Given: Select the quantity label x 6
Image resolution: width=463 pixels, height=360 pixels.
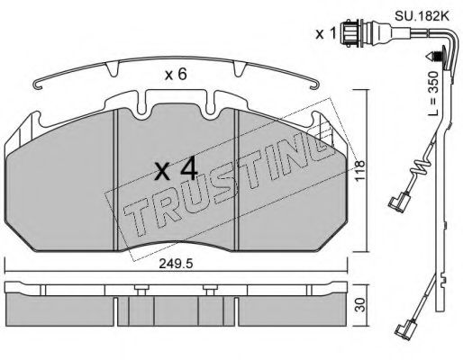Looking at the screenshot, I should pos(177,76).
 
